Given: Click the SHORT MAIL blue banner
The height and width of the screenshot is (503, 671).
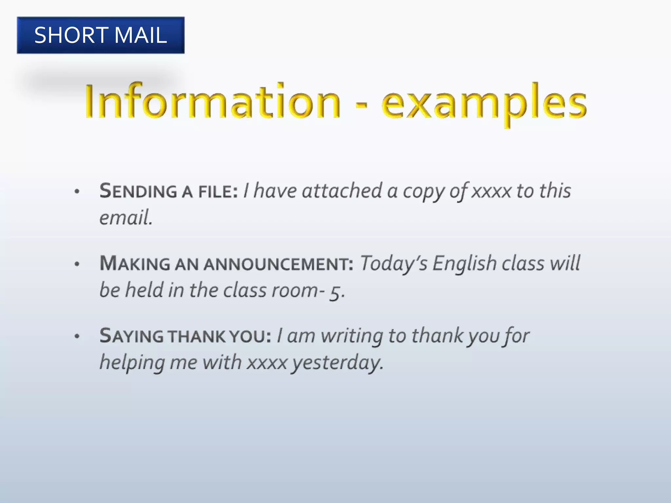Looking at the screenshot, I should point(101,35).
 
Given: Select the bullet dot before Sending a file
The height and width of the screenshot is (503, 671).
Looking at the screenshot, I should point(77,192).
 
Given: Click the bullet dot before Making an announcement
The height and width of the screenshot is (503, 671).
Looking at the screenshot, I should point(77,264).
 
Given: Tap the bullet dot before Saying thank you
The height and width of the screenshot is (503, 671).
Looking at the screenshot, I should point(77,336).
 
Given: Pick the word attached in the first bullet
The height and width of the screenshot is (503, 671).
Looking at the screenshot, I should point(342,191).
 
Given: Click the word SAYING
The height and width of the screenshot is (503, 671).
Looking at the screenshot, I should point(131,336).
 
